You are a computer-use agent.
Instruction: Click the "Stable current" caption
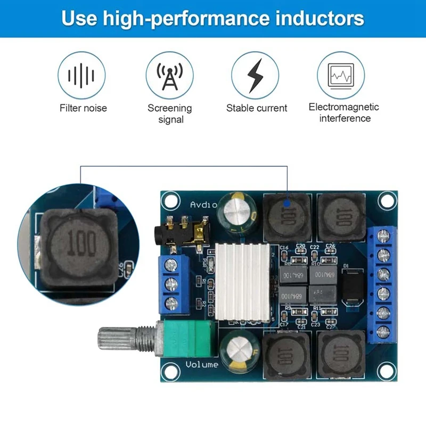coord(257,108)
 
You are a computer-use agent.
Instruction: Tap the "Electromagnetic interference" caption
coord(344,112)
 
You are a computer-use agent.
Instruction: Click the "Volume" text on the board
coord(202,365)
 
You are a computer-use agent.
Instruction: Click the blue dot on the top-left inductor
coord(288,203)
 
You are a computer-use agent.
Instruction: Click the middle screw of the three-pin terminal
coord(171,283)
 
